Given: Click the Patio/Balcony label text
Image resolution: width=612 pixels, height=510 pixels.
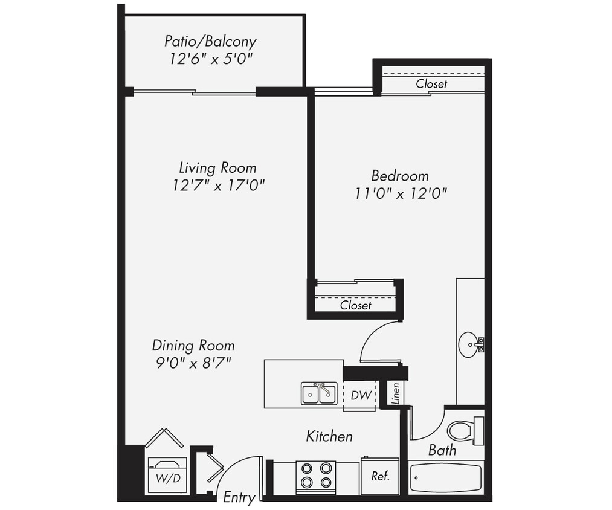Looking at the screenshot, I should coord(210,42).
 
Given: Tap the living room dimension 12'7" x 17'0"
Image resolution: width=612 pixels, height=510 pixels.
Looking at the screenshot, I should coord(218,185).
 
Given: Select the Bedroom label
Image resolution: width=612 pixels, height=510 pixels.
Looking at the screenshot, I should coord(399,176).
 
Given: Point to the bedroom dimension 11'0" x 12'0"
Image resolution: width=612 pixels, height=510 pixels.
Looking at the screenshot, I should coord(401,193).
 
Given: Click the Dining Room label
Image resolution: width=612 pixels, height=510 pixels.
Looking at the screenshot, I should coord(193,346).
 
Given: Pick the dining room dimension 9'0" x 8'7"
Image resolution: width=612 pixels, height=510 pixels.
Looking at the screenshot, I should coord(193,363).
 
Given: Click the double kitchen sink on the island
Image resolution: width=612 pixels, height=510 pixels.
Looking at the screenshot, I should coord(318,393).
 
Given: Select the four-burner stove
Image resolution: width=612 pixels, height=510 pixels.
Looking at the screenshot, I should coord(315,474).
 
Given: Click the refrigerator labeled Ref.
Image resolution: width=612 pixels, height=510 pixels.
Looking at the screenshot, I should coord(380,476).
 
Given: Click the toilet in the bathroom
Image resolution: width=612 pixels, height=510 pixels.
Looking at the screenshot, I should coord(464,431).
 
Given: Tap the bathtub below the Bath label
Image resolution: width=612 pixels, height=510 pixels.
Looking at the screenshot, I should coord(446,478).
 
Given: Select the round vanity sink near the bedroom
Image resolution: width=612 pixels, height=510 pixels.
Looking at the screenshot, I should coord(469,344).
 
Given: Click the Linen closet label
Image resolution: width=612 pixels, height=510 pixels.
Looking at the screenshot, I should coord(395,393).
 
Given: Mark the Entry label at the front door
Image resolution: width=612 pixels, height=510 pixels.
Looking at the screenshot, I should coord(239,498).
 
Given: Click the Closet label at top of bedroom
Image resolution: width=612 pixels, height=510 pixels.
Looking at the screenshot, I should coord(431,84).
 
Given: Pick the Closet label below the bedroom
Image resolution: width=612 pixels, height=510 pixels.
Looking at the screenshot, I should coord(355,305).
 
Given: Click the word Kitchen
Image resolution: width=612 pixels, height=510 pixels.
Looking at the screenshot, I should coord(329,436).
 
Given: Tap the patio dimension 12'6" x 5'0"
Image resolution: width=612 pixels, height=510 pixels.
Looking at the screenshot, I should coord(210,59).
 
